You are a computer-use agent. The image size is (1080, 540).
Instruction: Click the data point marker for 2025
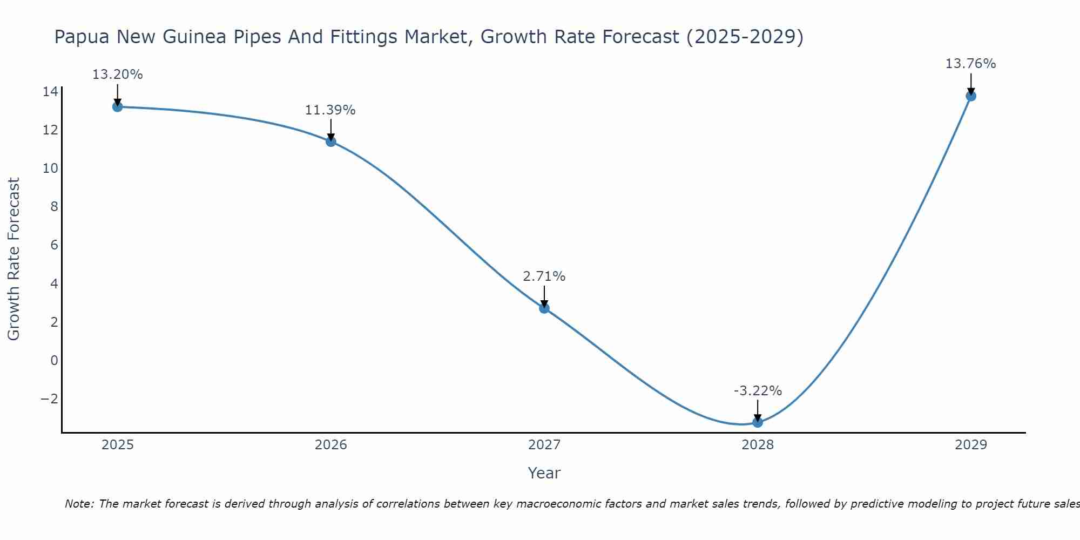118,107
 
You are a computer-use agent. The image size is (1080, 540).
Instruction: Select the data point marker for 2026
331,141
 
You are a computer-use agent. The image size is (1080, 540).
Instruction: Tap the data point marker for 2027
544,308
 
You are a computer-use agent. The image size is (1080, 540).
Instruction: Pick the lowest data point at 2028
758,422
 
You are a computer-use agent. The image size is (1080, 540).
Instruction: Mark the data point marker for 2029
971,96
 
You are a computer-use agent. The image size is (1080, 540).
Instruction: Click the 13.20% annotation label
118,75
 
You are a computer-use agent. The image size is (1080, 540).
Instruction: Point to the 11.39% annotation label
330,110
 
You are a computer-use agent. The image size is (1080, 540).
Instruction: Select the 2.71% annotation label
544,276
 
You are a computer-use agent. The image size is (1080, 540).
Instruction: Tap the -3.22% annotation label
758,391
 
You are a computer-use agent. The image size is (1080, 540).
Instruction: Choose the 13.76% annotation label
971,64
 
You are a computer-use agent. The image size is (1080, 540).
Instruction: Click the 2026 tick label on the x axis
331,445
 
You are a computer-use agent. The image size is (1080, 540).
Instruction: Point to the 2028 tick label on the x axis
758,445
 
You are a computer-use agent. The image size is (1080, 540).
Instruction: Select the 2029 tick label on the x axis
971,445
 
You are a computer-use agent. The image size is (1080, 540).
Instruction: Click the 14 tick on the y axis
50,92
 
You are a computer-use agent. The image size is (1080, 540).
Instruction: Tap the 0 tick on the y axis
54,361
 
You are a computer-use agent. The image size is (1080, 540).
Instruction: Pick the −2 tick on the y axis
49,399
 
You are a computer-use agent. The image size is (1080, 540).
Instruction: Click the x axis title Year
544,473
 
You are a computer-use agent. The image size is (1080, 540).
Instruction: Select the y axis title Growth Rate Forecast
14,259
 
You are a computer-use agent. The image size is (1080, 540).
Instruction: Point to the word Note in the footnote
79,504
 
